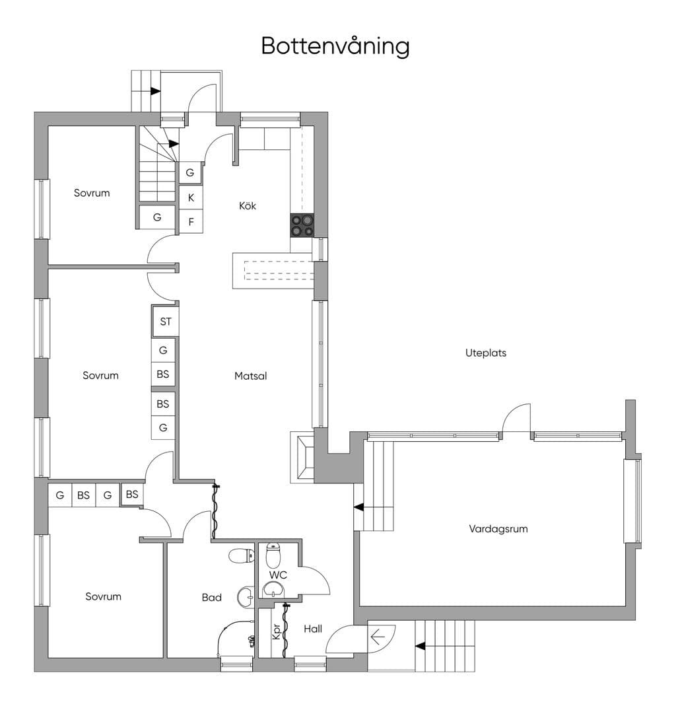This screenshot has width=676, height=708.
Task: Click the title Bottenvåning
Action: pos(335,46)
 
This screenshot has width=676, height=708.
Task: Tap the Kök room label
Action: pos(248,206)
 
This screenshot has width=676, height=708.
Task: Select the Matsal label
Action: pos(250,376)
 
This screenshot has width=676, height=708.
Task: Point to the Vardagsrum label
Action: pos(498,529)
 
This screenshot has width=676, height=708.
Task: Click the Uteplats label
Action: pos(486,353)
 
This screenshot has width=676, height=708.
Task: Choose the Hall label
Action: pos(313,629)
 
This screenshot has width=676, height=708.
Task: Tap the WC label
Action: pos(278,575)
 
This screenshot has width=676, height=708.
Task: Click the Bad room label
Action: pos(212,597)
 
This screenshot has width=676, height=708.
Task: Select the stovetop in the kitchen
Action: pos(302,225)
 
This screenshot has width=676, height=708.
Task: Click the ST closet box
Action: pos(166,322)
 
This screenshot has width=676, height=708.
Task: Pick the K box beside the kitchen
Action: pos(191,197)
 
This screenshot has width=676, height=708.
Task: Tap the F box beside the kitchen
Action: pos(191,221)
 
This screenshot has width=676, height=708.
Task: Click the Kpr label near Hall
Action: pos(277,631)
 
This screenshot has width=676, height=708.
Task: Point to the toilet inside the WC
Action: pos(273,555)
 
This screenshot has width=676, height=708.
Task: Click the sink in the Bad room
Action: pos(246,597)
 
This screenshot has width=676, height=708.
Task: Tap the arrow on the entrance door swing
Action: pos(377,637)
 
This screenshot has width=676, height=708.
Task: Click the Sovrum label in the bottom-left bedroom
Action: pos(104,596)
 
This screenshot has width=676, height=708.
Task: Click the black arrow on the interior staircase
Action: pos(174,144)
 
